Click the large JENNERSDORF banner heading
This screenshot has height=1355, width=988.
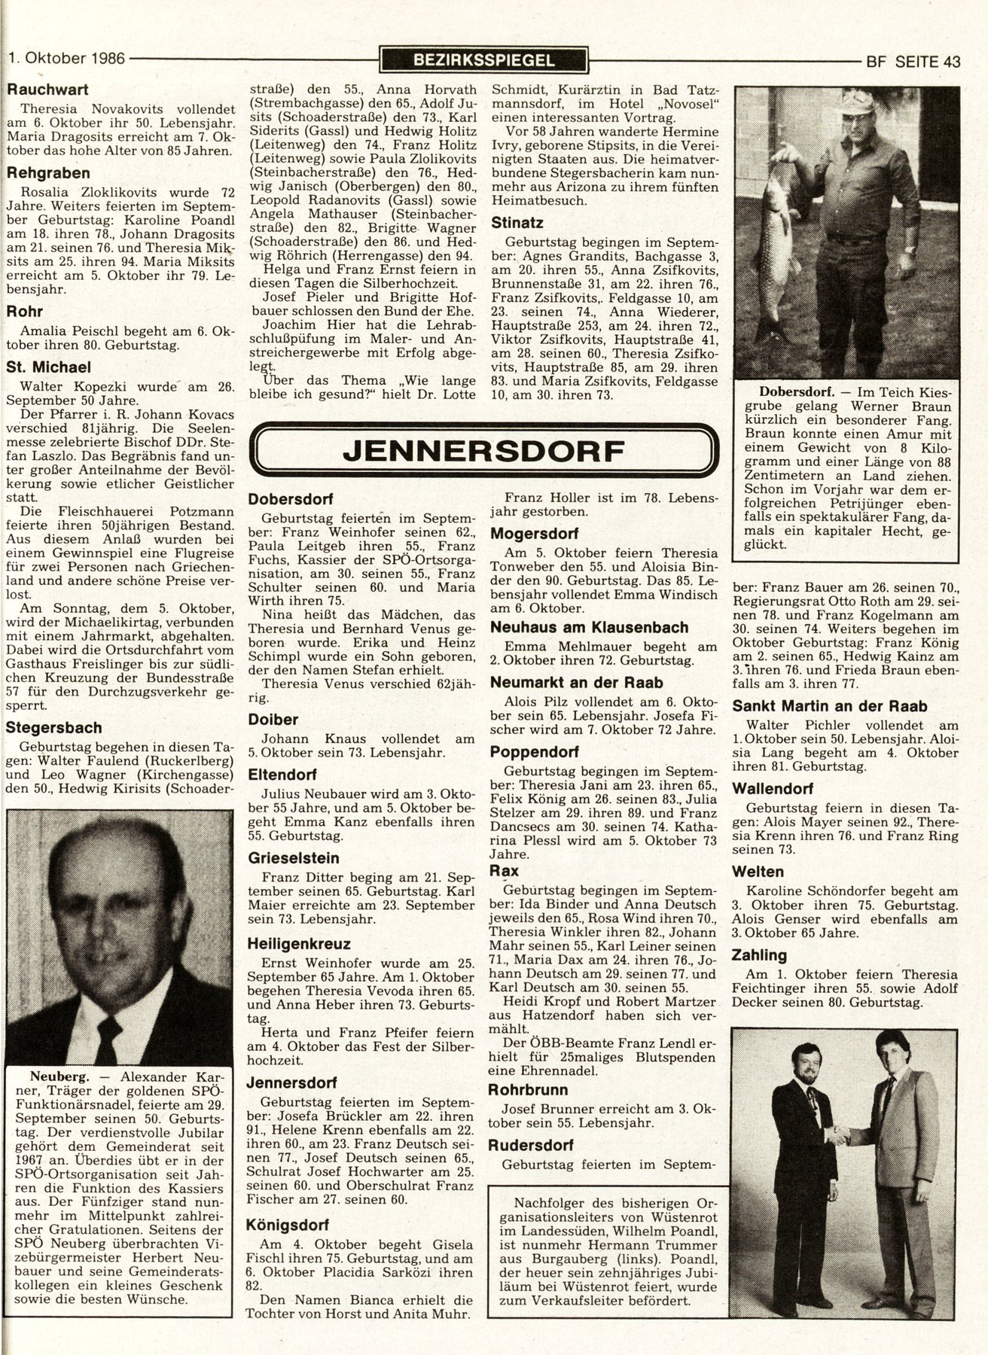(483, 451)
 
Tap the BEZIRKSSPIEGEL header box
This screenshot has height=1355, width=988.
(483, 60)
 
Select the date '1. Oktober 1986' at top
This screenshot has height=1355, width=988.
(66, 59)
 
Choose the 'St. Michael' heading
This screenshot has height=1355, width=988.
(48, 367)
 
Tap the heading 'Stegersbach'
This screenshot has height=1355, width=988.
(53, 728)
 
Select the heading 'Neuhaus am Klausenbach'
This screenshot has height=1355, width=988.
(578, 627)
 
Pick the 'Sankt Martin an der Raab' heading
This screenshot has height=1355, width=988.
(829, 707)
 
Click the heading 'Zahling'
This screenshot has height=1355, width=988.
(759, 955)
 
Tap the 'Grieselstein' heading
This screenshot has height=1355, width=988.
(294, 857)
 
